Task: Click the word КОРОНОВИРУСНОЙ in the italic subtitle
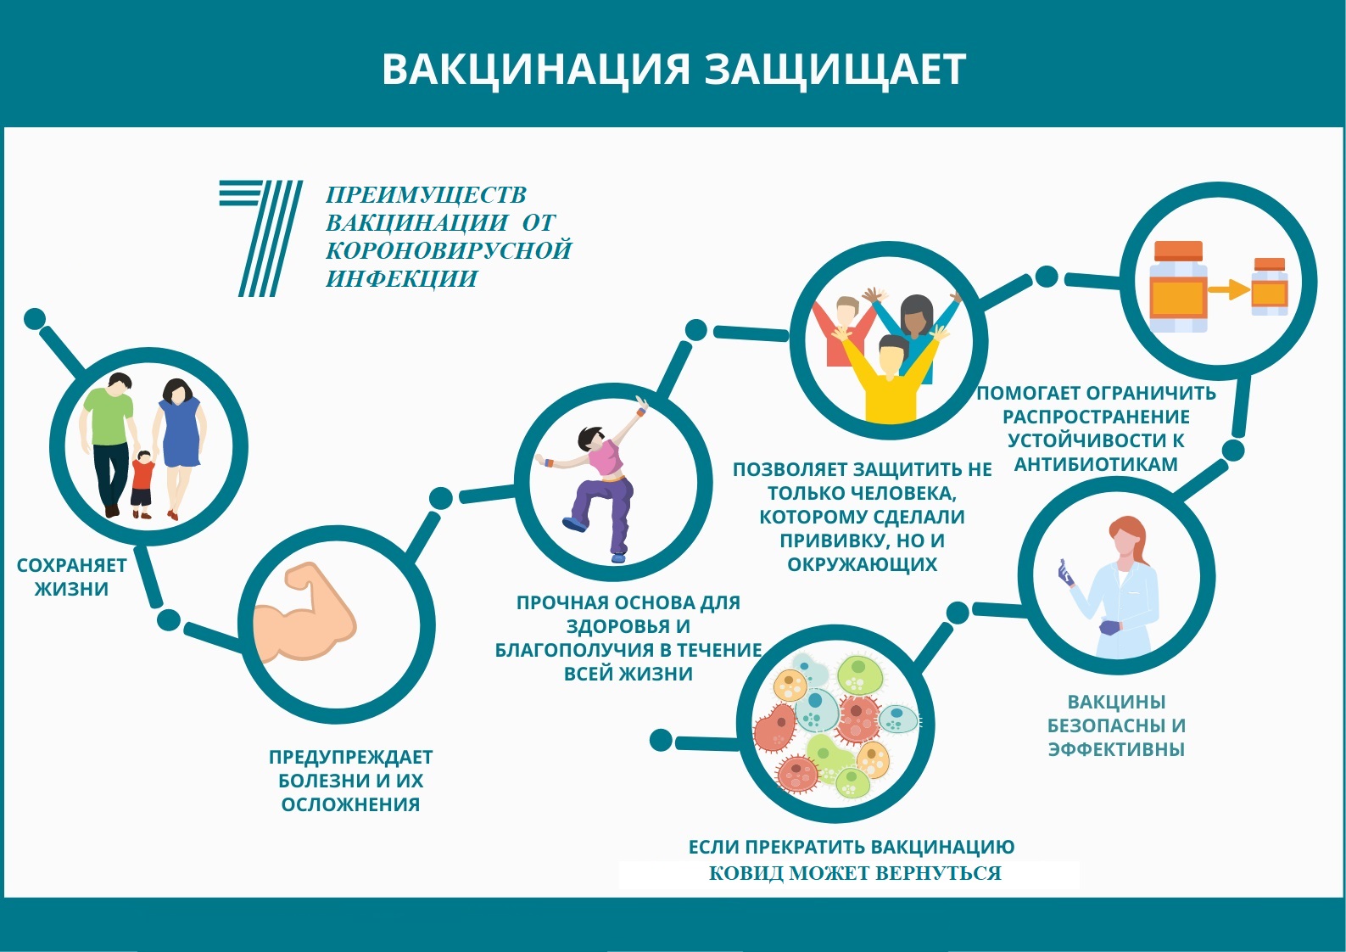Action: [449, 250]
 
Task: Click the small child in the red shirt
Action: [142, 484]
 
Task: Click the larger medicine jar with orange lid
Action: [1178, 287]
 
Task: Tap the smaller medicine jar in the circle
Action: [1269, 287]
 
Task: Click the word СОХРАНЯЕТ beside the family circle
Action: [71, 565]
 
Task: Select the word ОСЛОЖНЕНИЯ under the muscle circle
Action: [350, 804]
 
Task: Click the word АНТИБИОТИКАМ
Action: [1096, 464]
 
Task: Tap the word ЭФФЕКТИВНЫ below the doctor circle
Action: [1116, 749]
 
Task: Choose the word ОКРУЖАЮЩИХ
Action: [863, 564]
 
